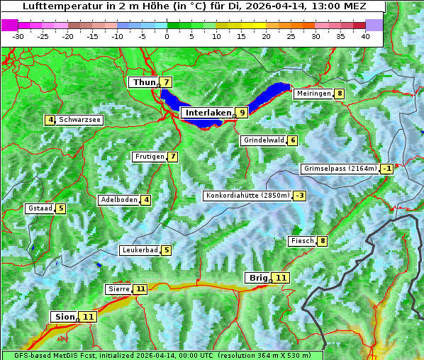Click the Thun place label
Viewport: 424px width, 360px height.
click(x=143, y=83)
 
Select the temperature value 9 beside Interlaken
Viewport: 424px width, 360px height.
click(x=242, y=113)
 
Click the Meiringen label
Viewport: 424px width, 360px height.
click(x=313, y=94)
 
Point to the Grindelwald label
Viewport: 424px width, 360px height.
click(x=264, y=140)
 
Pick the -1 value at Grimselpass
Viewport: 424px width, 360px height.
click(x=386, y=169)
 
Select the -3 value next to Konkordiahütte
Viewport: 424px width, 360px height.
click(x=300, y=196)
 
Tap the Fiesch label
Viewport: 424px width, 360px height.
click(x=301, y=241)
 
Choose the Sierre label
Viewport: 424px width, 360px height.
click(x=118, y=289)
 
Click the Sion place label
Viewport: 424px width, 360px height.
click(x=63, y=317)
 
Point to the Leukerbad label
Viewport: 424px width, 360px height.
click(x=139, y=250)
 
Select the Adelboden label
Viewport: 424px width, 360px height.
click(x=118, y=200)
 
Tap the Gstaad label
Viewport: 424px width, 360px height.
click(x=39, y=208)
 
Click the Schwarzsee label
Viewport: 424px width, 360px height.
click(x=79, y=120)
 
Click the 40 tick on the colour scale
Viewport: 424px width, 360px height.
click(x=365, y=36)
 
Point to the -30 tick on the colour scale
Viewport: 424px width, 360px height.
click(x=18, y=36)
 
